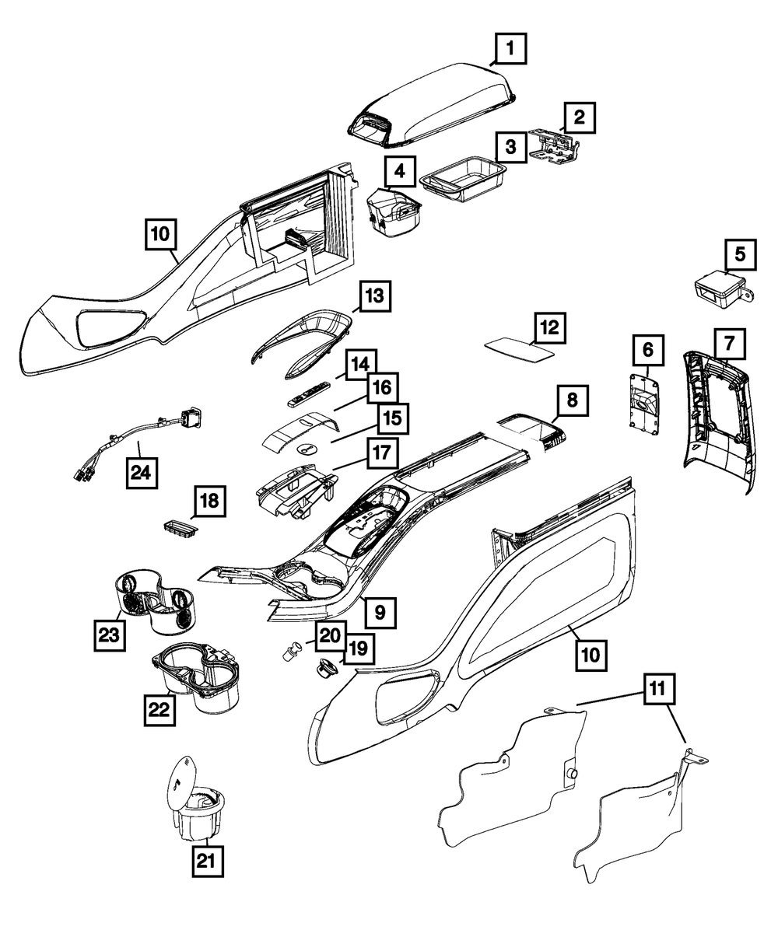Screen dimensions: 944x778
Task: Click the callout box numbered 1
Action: (x=510, y=50)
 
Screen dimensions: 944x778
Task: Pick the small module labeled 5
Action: (x=716, y=288)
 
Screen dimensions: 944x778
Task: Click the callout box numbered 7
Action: (x=729, y=342)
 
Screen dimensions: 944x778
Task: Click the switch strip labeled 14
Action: (x=310, y=395)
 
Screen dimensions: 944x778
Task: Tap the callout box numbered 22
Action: (x=159, y=708)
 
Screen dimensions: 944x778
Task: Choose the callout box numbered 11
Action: (x=659, y=688)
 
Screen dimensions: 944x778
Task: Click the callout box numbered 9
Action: (x=380, y=612)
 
